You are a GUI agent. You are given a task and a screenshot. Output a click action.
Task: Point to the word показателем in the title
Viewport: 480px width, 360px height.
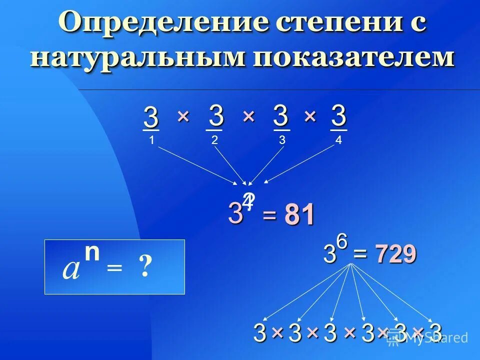pos(354,57)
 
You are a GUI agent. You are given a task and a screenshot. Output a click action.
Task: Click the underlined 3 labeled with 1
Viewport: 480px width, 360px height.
pos(151,118)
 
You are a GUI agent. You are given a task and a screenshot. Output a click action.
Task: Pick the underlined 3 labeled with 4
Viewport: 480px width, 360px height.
pos(338,116)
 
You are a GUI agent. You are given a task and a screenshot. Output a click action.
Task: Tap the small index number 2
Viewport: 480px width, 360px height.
pos(214,140)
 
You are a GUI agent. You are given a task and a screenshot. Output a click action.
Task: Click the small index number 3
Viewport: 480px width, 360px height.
pos(282,140)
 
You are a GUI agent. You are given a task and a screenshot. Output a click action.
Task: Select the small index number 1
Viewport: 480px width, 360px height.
pos(151,140)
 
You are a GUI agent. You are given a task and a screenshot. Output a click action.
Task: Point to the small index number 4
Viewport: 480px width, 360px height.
pos(338,140)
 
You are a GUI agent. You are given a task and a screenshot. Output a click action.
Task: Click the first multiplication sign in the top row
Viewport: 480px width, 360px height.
pos(182,116)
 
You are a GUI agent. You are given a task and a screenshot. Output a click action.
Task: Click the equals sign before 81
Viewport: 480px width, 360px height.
pos(269,216)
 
